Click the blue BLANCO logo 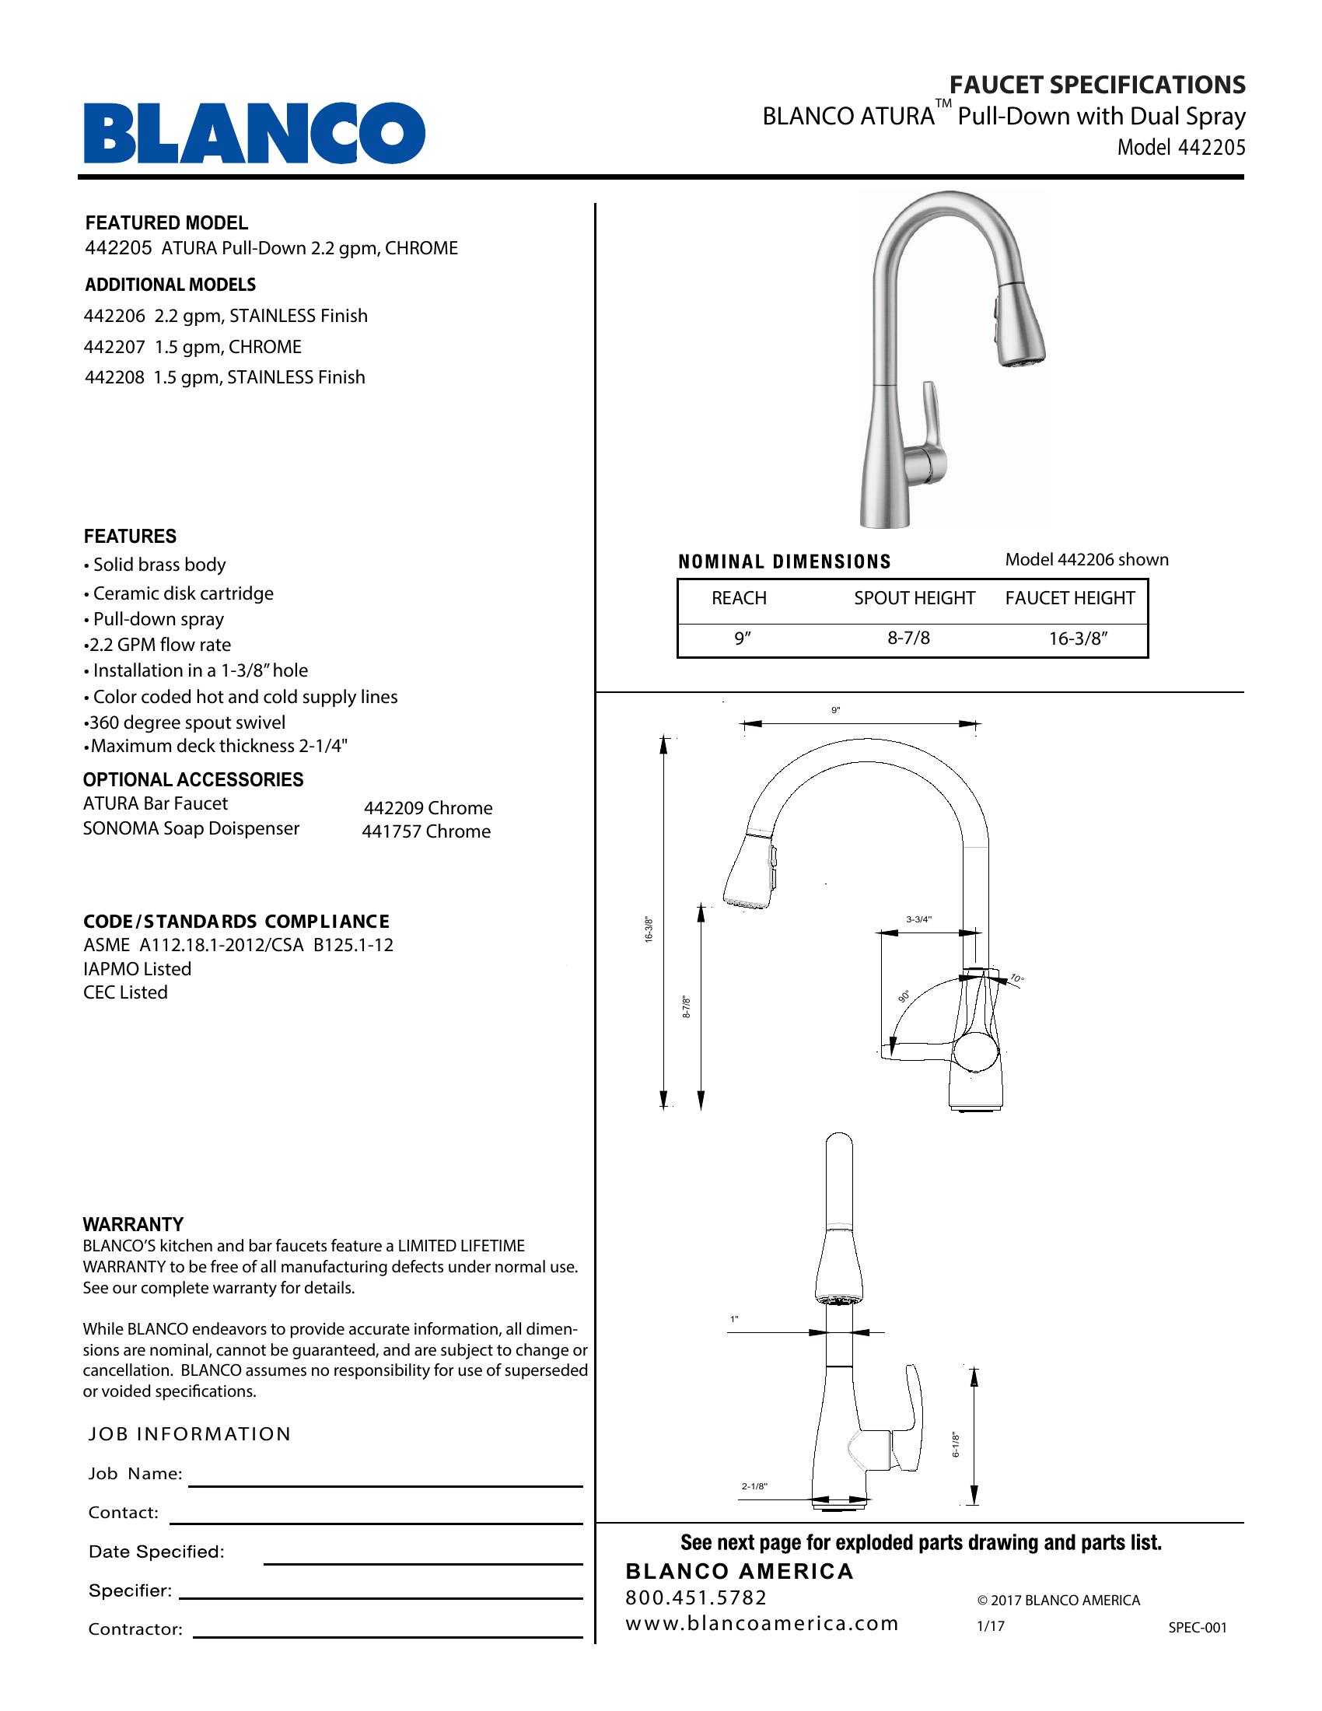point(254,132)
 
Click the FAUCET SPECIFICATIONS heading point(1097,85)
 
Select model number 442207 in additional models point(114,346)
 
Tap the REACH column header point(739,598)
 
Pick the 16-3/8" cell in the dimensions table point(1078,639)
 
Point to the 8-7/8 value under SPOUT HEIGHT point(908,638)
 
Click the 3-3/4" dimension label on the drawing point(919,919)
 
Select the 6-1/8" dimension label point(957,1445)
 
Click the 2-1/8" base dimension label point(754,1486)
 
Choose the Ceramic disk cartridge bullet point(183,593)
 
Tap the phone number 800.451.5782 point(695,1597)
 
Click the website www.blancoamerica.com point(761,1623)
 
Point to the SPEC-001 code point(1197,1627)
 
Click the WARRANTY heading point(133,1223)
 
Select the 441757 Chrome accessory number point(426,831)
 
